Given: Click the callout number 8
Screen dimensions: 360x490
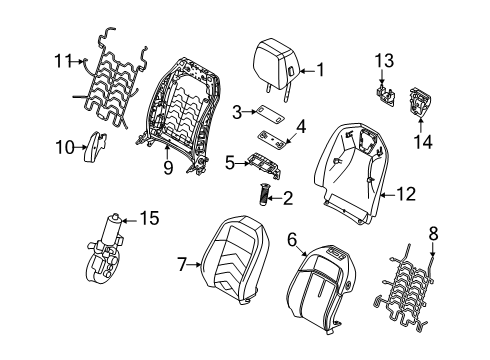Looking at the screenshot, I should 433,234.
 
